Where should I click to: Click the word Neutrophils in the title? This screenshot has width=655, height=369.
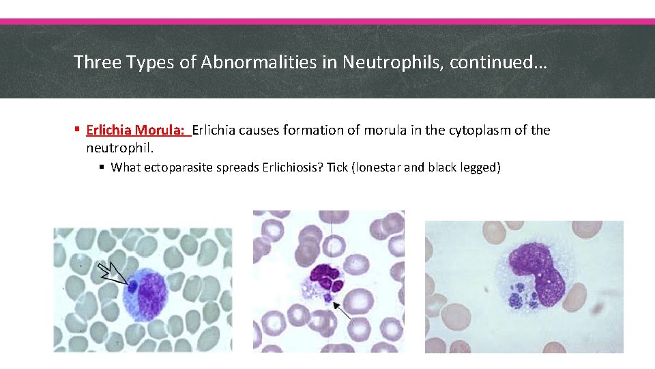click(379, 62)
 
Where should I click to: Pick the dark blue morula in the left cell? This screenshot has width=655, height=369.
click(133, 287)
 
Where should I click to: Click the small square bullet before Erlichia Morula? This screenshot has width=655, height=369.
click(78, 130)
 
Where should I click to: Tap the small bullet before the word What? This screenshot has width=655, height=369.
click(102, 167)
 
